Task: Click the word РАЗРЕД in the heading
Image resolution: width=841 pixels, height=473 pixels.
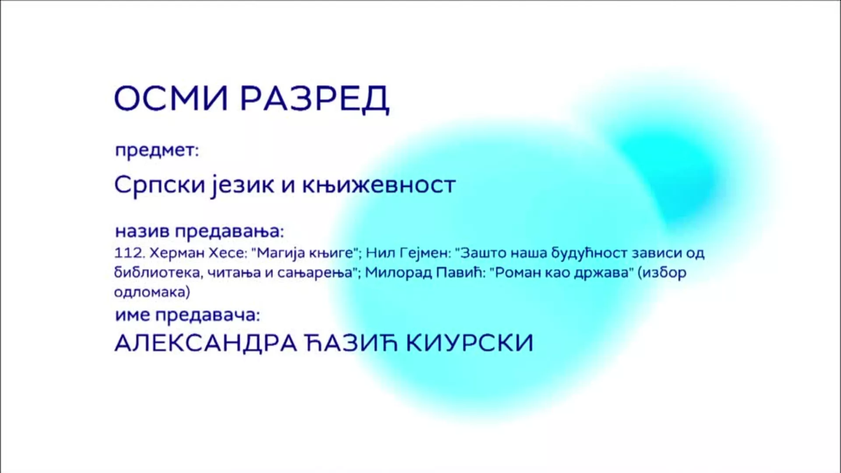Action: pos(314,99)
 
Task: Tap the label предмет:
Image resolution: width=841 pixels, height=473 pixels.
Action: pos(157,151)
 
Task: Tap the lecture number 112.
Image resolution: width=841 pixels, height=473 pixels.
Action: pos(130,253)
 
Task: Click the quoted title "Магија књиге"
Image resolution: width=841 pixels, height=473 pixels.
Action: pos(305,254)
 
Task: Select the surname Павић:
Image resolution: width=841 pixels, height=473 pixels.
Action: pos(460,272)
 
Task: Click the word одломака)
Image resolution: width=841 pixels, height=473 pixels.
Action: pos(152,292)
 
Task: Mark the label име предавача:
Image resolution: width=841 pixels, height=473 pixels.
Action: pos(187,315)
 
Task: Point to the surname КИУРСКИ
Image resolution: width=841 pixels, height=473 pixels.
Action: pos(470,342)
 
